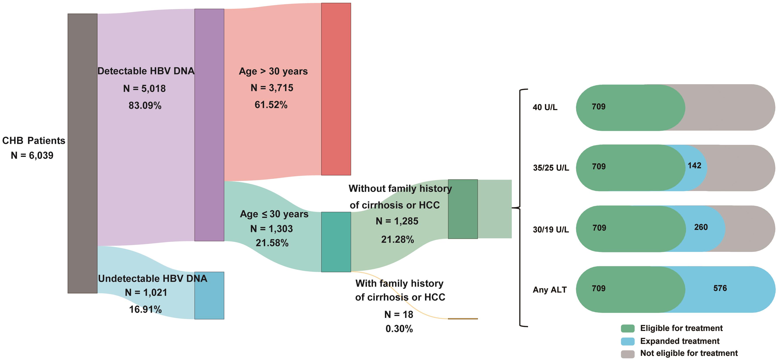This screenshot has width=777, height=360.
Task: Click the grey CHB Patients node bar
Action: [82, 153]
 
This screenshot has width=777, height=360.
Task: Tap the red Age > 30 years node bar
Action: [336, 89]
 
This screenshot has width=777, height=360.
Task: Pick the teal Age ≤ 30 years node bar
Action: [336, 242]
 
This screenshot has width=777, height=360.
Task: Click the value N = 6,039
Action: [32, 155]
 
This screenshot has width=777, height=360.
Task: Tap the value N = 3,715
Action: [272, 88]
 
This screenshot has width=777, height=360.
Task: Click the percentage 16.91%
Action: [145, 309]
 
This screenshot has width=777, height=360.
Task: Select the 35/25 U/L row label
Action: [551, 168]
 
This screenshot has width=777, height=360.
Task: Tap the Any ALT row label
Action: [550, 290]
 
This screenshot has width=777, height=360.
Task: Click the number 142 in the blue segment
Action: [694, 166]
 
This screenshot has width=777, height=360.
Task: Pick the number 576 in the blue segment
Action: [720, 288]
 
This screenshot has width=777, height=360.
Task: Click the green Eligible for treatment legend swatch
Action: [627, 328]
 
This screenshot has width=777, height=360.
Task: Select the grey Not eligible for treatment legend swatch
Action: [627, 354]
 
